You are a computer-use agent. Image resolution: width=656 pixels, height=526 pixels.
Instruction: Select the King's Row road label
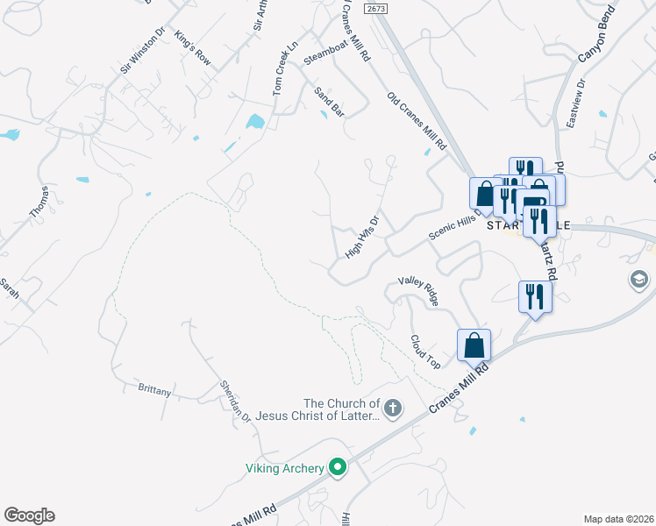[x=193, y=49]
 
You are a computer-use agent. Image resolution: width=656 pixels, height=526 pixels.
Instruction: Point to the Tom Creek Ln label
[x=285, y=68]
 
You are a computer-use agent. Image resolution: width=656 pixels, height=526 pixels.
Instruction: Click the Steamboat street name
[x=325, y=52]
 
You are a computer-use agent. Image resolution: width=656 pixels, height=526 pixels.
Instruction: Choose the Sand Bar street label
[x=329, y=102]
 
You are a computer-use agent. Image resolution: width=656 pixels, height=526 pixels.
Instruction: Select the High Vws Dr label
[x=361, y=238]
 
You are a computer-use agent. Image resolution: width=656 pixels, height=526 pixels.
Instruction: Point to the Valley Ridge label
[x=418, y=290]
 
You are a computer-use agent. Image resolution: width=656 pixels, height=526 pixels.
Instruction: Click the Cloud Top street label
[x=425, y=350]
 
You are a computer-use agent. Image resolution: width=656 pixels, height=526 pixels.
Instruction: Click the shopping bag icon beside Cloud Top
[x=474, y=345]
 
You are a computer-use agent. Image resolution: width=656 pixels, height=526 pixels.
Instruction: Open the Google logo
[x=29, y=515]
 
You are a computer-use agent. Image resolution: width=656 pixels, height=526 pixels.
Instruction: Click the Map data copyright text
[x=618, y=518]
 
